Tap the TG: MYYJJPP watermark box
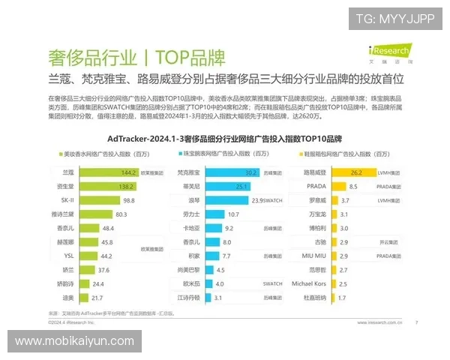394,19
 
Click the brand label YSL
68,256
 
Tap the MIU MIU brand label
308,256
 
